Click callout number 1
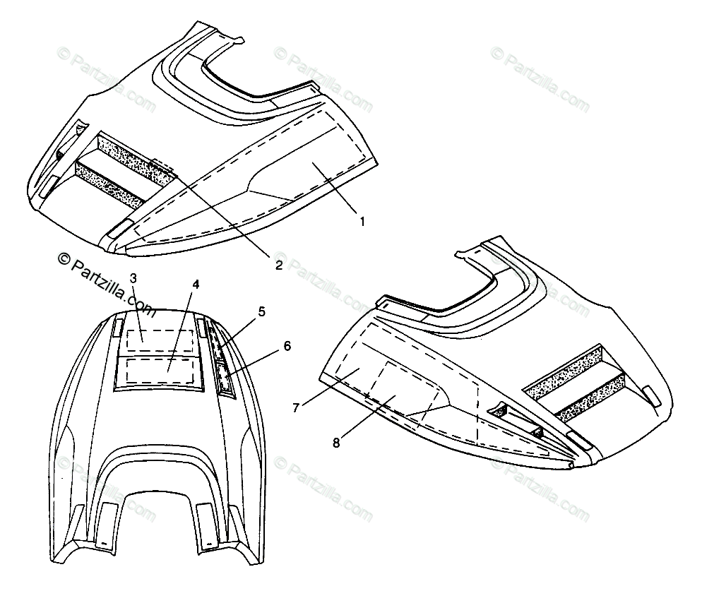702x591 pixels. [x=362, y=221]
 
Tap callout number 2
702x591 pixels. [x=278, y=265]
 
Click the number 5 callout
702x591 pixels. [x=261, y=311]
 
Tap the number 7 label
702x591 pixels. [x=297, y=407]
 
